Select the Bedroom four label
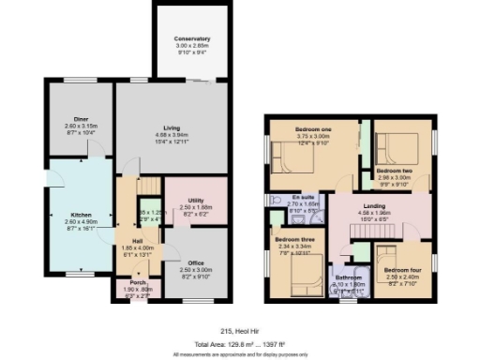pyautogui.click(x=401, y=271)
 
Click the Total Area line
pyautogui.click(x=240, y=342)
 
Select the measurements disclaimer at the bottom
pyautogui.click(x=240, y=354)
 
